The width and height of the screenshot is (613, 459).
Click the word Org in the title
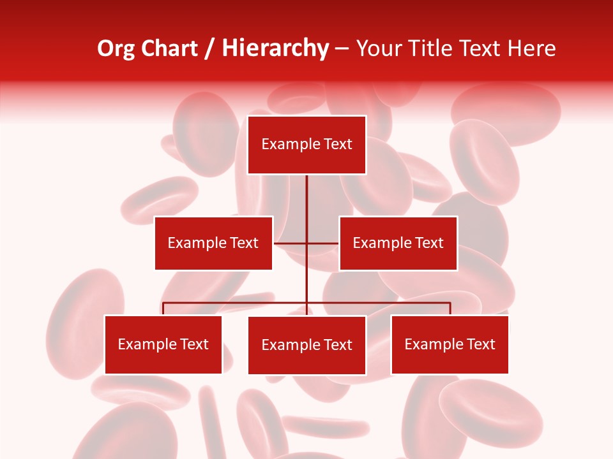[115, 48]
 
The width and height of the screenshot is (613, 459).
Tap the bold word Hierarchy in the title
[275, 48]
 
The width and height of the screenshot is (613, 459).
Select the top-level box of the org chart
[306, 145]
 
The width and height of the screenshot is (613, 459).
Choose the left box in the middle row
[213, 243]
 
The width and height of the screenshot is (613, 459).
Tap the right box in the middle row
[398, 243]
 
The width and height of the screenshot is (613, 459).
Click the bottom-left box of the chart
[163, 345]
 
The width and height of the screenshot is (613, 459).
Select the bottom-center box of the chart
[306, 345]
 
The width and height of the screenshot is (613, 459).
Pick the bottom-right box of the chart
[450, 345]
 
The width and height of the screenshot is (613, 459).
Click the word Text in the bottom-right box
[481, 344]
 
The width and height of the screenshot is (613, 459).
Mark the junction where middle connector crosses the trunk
[306, 243]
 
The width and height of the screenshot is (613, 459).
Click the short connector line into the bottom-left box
[163, 309]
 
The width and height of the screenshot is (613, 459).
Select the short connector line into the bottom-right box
[450, 309]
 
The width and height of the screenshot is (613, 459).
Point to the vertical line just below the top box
[306, 191]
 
